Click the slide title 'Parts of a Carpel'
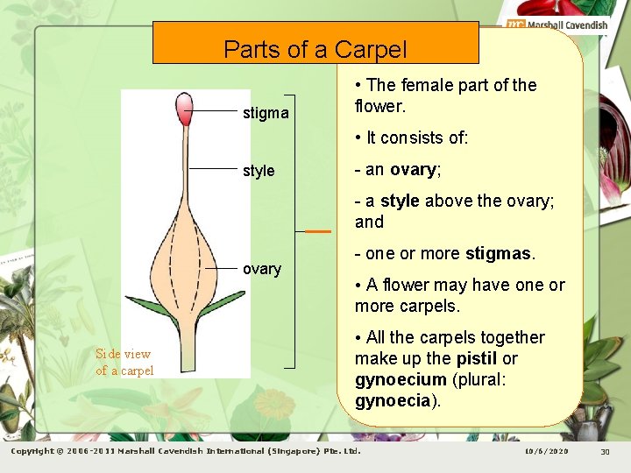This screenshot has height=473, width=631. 315,49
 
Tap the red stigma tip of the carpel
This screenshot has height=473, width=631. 184,110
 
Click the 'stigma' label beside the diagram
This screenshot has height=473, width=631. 266,113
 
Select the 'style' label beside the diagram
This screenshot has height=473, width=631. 259,171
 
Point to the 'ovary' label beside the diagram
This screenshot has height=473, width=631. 262,269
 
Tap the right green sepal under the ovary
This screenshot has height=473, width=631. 220,307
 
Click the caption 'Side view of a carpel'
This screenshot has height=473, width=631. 124,362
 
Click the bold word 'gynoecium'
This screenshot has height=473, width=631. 401,380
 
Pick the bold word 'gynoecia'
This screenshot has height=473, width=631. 392,401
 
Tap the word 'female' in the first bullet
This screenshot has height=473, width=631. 426,86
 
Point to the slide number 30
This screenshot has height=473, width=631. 605,451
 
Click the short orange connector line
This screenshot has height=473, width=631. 318,231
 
